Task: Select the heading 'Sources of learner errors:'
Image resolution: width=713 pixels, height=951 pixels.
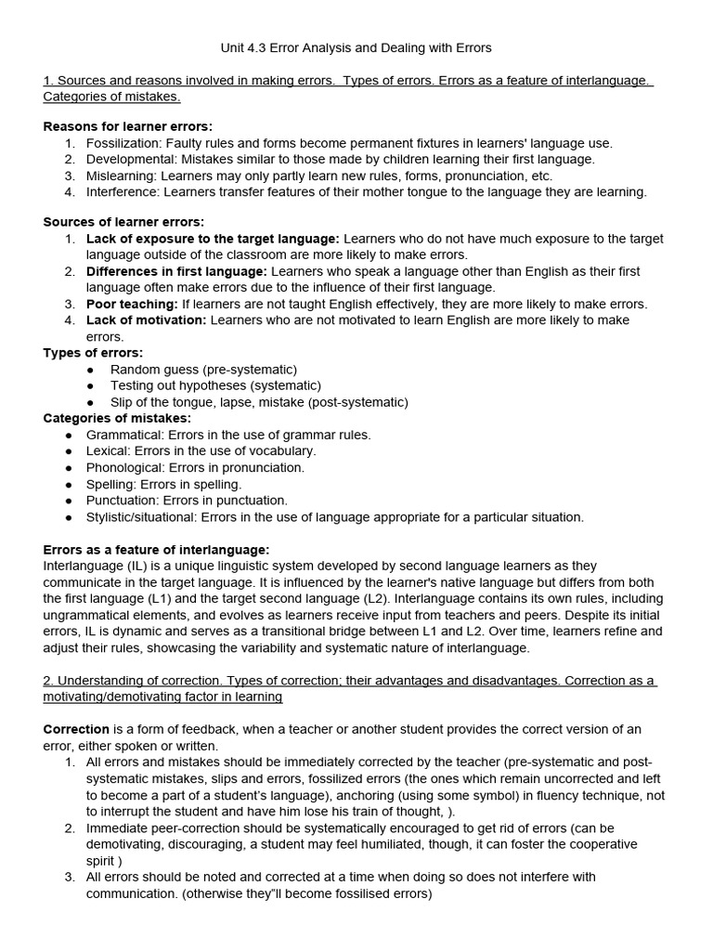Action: click(x=124, y=222)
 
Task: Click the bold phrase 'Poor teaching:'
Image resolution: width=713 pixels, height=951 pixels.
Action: click(x=131, y=304)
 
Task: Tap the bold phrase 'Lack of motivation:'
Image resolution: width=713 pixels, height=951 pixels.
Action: click(x=147, y=320)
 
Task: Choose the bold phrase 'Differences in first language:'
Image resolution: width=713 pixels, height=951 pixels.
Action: click(x=176, y=271)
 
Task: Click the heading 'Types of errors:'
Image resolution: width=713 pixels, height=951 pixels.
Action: click(x=93, y=353)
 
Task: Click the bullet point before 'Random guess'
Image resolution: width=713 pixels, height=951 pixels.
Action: click(x=90, y=370)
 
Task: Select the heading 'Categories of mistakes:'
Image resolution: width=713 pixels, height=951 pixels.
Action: click(x=116, y=418)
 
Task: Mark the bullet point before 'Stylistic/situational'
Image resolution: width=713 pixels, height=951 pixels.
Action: click(x=69, y=517)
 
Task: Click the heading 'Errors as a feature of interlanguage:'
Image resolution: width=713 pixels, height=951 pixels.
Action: click(x=157, y=550)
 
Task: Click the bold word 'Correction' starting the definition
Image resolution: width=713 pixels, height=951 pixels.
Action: click(x=76, y=729)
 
